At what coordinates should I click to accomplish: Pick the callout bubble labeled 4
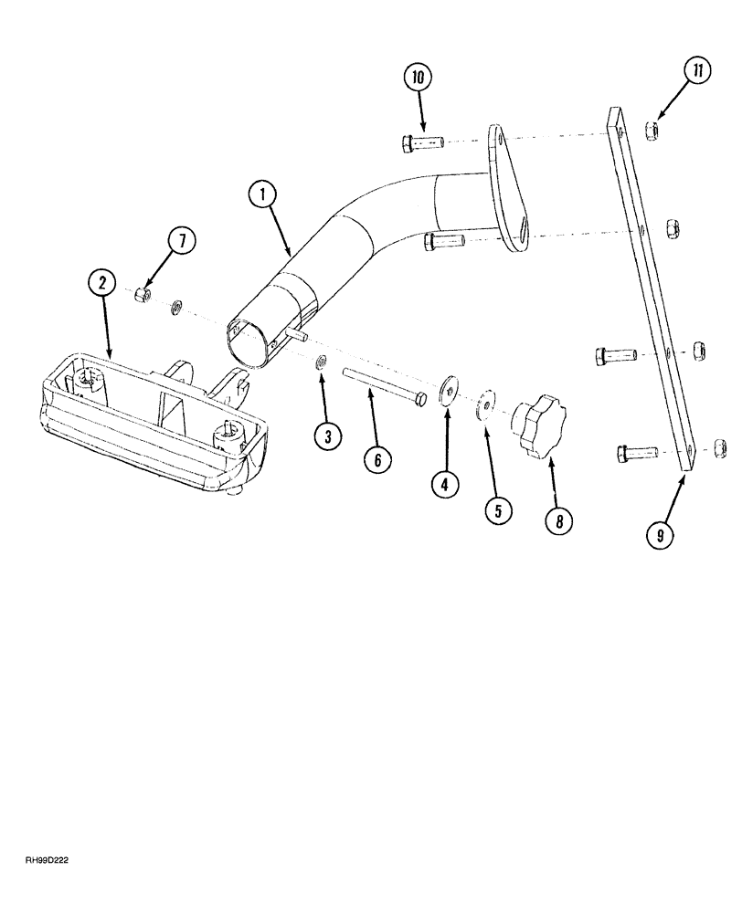coord(445,484)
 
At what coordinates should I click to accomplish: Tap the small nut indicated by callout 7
coord(141,295)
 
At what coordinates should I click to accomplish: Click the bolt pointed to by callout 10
coord(421,142)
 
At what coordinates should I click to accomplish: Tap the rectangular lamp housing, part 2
coord(146,411)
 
